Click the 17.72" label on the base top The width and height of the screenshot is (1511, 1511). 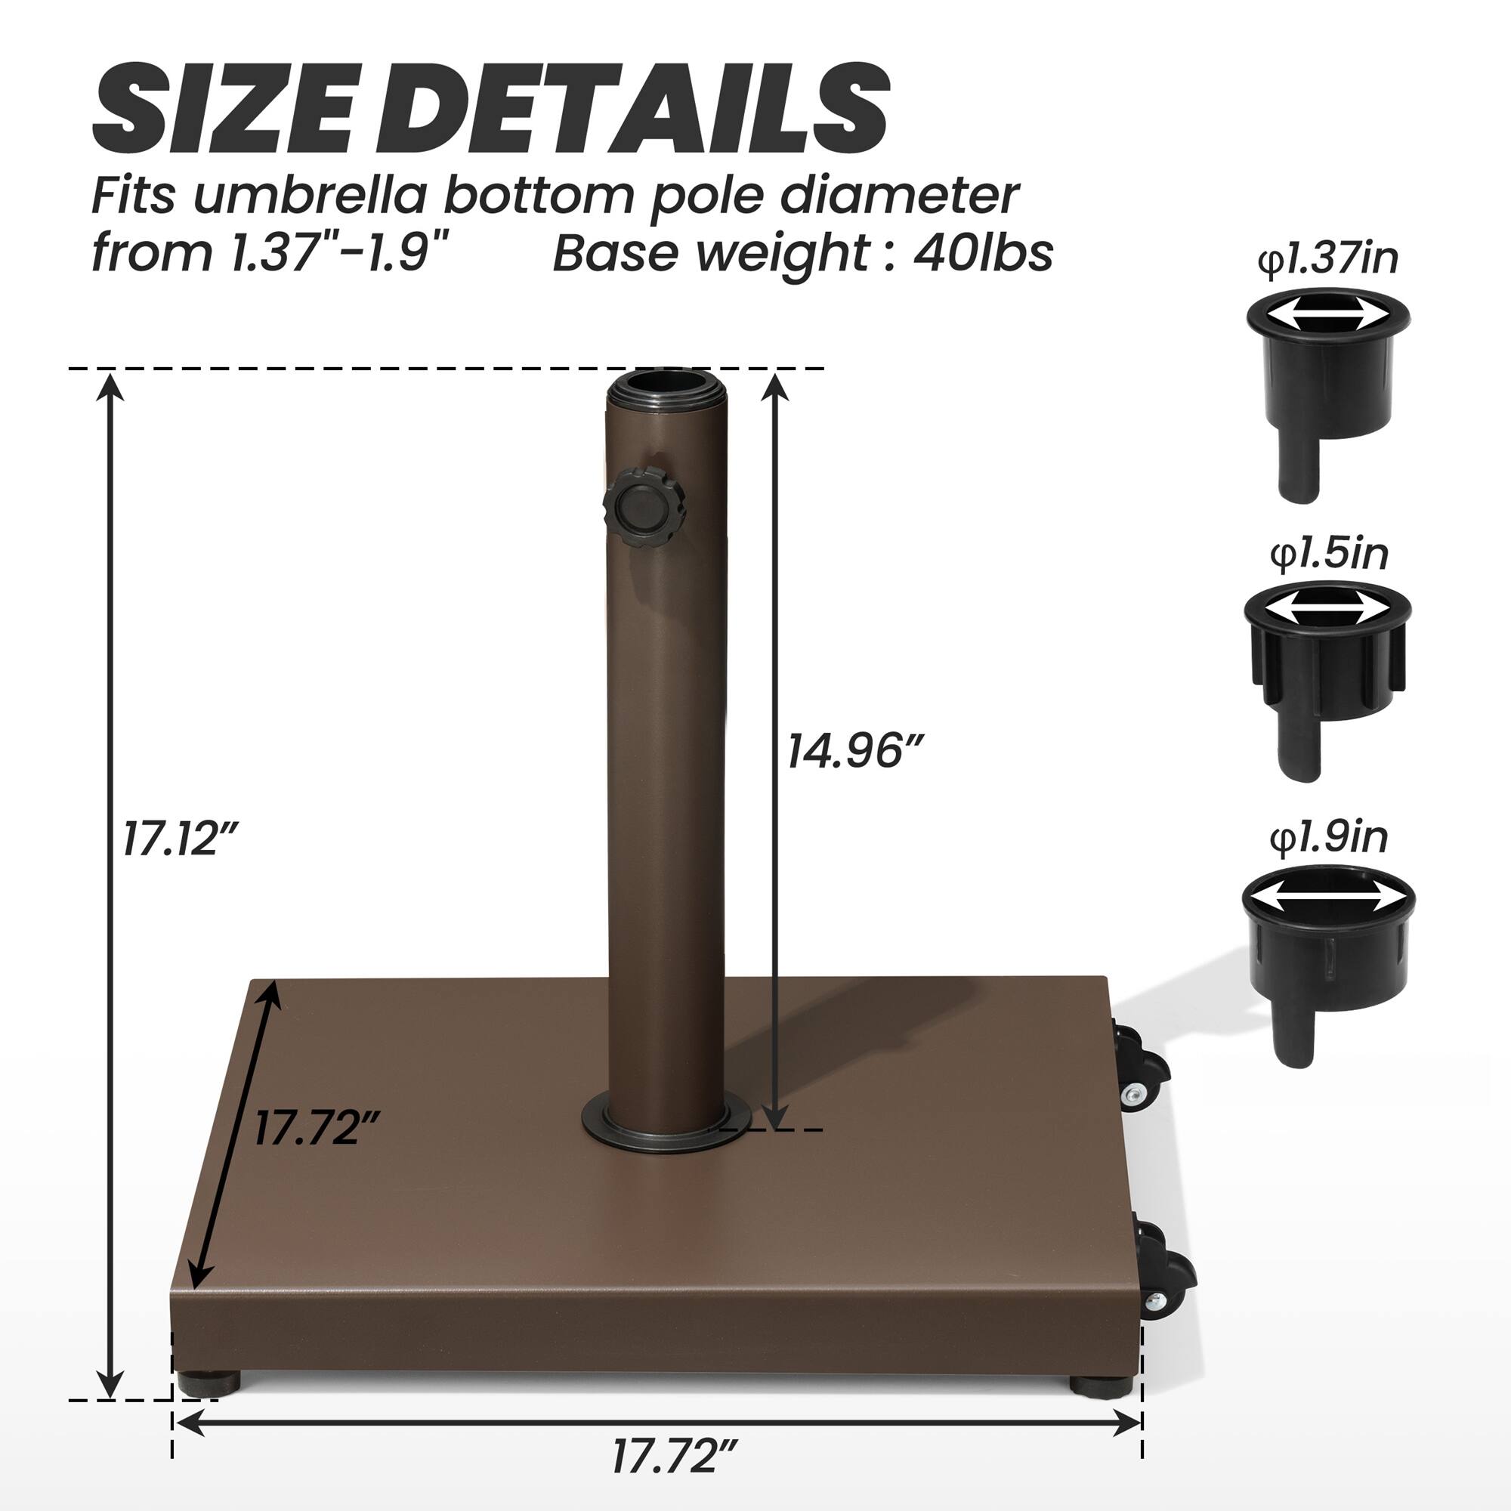pos(317,1128)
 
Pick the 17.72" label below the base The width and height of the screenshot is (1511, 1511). pos(673,1457)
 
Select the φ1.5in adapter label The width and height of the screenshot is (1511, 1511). pos(1329,554)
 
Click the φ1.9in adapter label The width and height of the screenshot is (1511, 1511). pos(1329,838)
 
